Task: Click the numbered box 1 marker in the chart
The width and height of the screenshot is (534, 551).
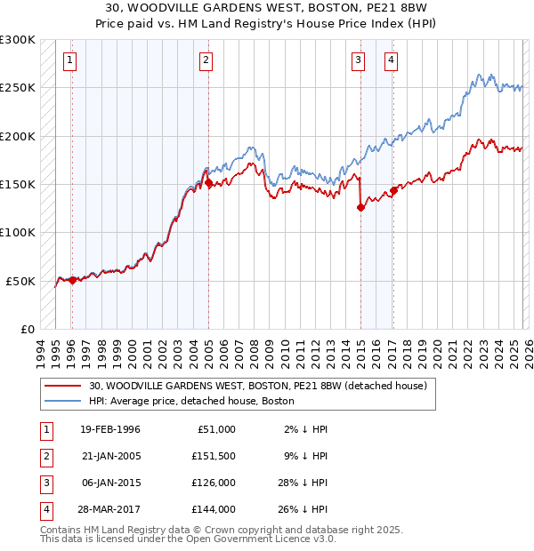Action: pos(70,60)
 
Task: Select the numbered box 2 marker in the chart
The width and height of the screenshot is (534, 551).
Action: pos(206,60)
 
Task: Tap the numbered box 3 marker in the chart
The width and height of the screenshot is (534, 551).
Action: pos(358,60)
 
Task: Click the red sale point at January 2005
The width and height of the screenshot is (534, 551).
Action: pos(208,184)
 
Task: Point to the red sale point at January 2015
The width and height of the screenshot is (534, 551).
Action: pos(360,208)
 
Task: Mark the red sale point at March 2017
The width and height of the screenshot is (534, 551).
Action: pos(393,190)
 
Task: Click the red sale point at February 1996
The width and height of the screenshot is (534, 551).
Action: pos(72,280)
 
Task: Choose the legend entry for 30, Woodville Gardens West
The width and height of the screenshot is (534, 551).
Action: pos(258,386)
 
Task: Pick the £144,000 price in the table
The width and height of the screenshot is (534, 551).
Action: pos(214,509)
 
